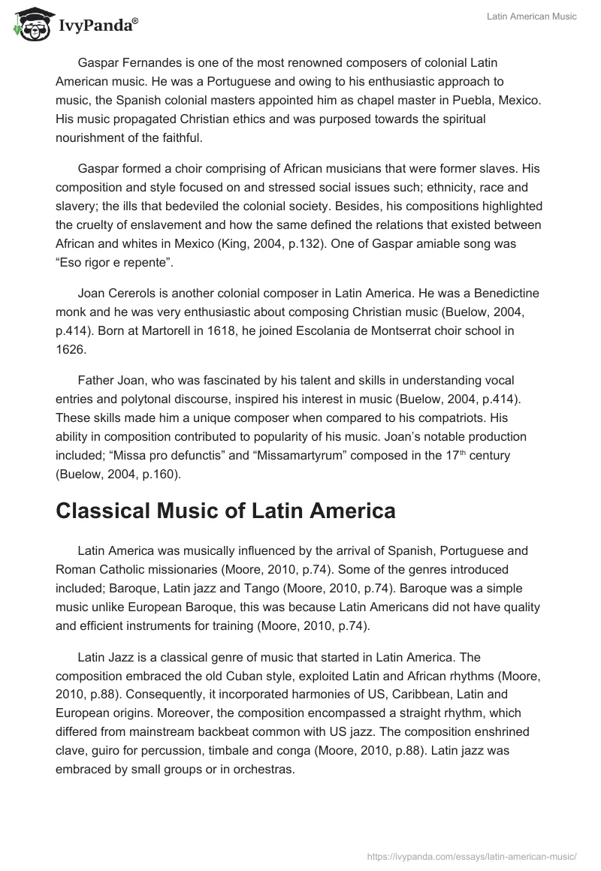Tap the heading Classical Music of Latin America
coord(225,511)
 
